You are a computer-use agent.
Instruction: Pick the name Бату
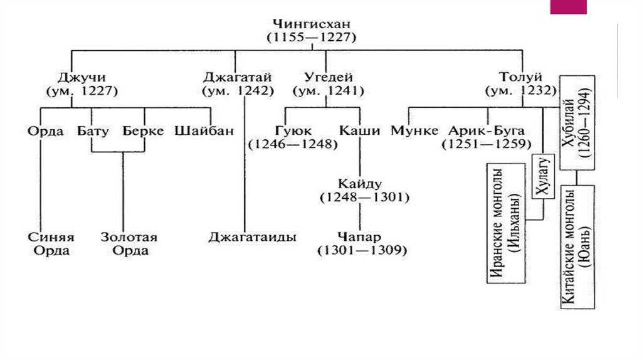coord(93,131)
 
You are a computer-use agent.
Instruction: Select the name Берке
coord(143,131)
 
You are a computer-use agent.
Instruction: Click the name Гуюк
coord(292,131)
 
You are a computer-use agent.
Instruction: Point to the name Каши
coord(359,131)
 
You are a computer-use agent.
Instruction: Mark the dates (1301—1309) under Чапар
coord(362,250)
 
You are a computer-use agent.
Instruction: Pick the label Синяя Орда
coord(51,244)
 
